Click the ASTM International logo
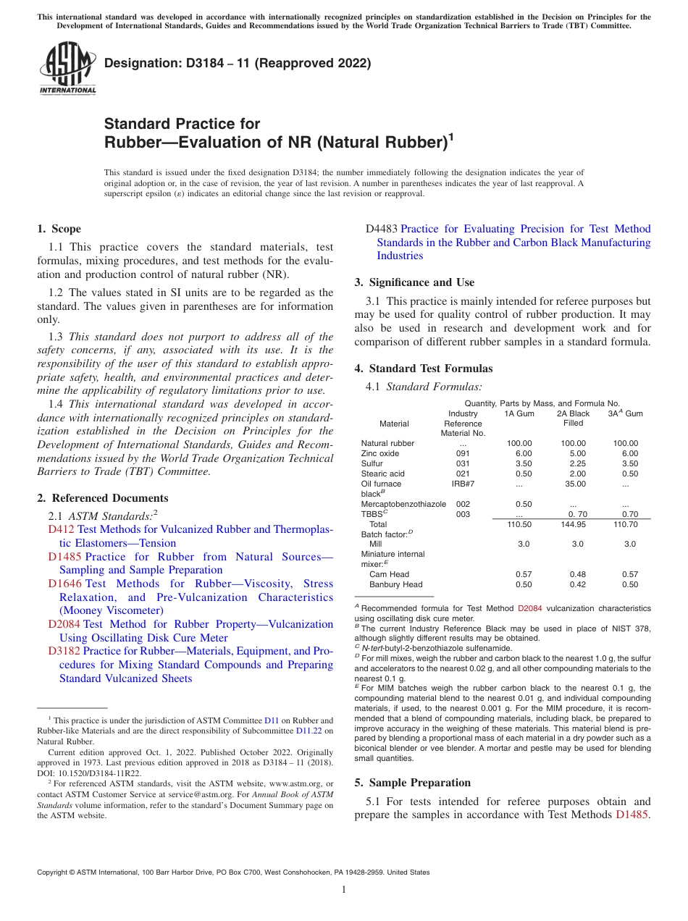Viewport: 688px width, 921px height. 67,68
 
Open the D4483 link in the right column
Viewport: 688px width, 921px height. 382,229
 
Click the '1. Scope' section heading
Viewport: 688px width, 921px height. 59,229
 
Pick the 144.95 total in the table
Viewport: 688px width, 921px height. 574,523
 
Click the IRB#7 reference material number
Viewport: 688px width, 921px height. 463,484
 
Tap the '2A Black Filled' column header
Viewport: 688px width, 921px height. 573,419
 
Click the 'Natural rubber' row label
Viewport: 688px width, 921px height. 387,443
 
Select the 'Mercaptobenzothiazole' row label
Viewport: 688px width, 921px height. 403,504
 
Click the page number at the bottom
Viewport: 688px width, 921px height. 344,890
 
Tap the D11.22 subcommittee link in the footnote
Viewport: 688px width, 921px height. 309,731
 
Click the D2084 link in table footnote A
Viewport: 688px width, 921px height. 529,609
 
